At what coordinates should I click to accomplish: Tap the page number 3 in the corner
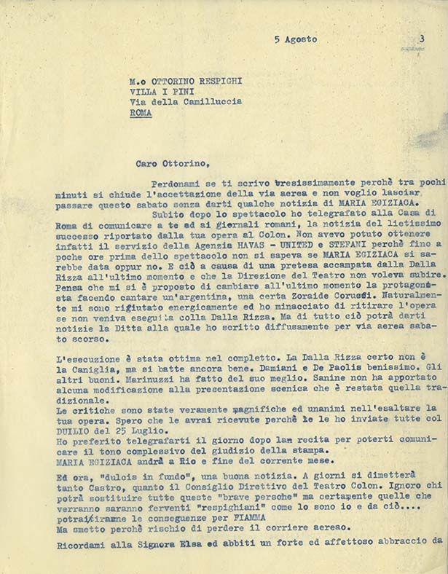pos(422,39)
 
